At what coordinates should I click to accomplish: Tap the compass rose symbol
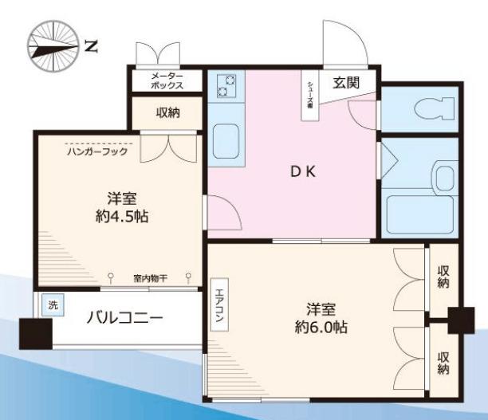(51, 45)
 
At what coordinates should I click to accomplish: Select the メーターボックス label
(168, 80)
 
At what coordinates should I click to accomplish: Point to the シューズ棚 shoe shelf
(308, 96)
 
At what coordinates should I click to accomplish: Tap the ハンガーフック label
(96, 148)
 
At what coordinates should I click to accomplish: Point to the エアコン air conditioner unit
(218, 307)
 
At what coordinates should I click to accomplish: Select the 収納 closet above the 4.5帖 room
(167, 112)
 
